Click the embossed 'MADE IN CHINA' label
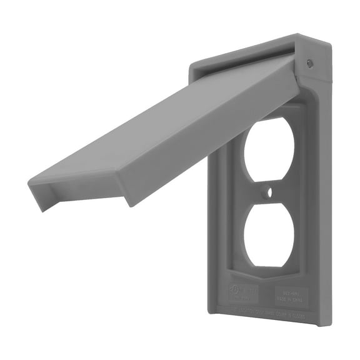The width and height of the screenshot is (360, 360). [291, 293]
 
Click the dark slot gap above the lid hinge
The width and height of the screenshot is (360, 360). [250, 57]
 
